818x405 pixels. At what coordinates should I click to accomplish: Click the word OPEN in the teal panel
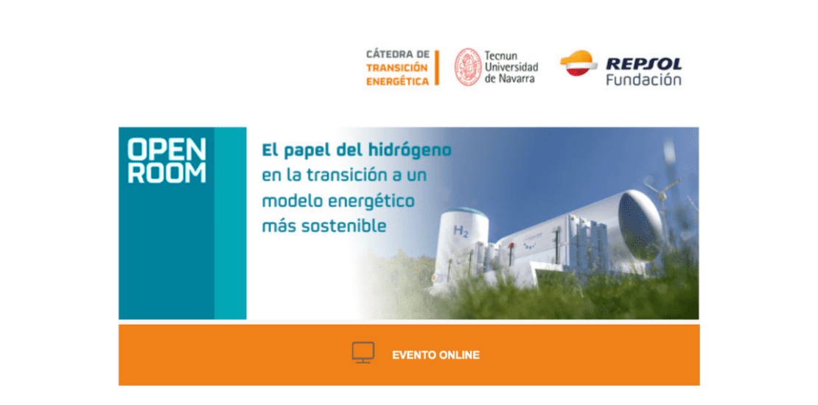coord(167,149)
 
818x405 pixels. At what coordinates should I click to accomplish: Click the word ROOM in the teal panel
coord(167,172)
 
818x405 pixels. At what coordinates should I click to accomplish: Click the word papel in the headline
coord(304,152)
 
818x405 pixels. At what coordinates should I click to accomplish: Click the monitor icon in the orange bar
coord(363,353)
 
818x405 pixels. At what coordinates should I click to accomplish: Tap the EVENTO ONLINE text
coord(436,356)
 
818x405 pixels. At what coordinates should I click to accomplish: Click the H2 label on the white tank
coord(461,231)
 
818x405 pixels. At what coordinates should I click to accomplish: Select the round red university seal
coord(468,67)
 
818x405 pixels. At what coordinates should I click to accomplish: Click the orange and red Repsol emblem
coord(578,63)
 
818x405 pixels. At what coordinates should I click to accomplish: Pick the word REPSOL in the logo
coord(644,64)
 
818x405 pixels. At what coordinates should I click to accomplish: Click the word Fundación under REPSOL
coord(644,80)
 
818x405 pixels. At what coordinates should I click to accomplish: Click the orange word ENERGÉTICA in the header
coord(397,81)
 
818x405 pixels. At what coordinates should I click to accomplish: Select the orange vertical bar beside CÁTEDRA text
coord(437,68)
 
